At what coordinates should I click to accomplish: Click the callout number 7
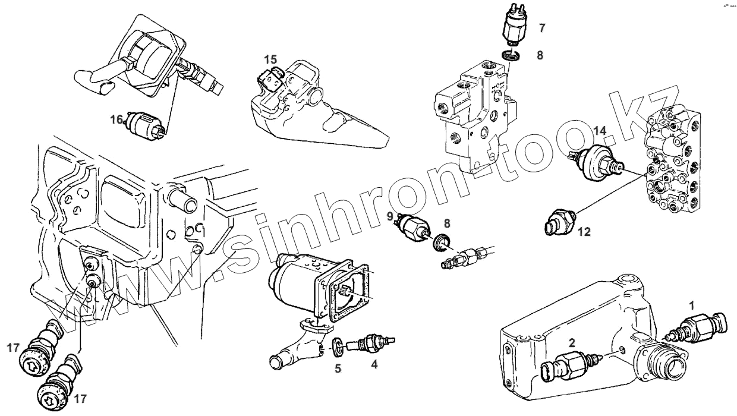tap(541, 27)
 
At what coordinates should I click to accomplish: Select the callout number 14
tap(600, 130)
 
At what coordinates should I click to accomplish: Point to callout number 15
tap(270, 59)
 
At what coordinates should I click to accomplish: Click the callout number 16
tap(116, 119)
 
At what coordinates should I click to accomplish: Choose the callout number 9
tap(390, 218)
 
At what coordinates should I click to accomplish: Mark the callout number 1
tap(691, 304)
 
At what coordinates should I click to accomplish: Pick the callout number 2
tap(571, 342)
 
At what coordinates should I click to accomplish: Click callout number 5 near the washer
tap(338, 368)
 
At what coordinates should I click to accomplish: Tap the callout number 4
tap(374, 365)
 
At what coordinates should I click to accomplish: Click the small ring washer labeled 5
tap(337, 344)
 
